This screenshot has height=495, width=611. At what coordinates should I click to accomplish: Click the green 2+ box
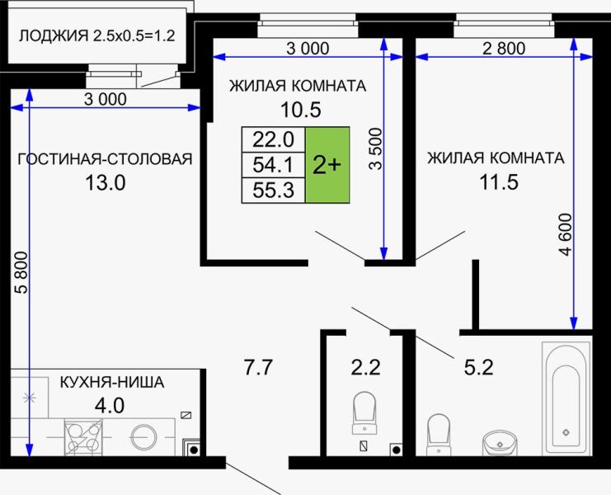point(327,165)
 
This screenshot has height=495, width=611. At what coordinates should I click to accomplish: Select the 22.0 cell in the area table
point(273,139)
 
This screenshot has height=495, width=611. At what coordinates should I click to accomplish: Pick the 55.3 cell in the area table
point(273,191)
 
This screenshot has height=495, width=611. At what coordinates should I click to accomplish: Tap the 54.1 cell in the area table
point(273,165)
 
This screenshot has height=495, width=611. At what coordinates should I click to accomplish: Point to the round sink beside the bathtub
point(496,439)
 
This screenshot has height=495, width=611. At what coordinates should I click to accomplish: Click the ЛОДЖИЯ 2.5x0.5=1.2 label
point(96,36)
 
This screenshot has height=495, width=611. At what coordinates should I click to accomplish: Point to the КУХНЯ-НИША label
point(112,383)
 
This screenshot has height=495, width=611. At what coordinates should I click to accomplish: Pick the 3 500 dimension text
point(376,148)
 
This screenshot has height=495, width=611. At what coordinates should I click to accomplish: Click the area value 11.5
point(496,182)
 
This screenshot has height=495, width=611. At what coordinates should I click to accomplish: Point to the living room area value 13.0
point(105,183)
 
